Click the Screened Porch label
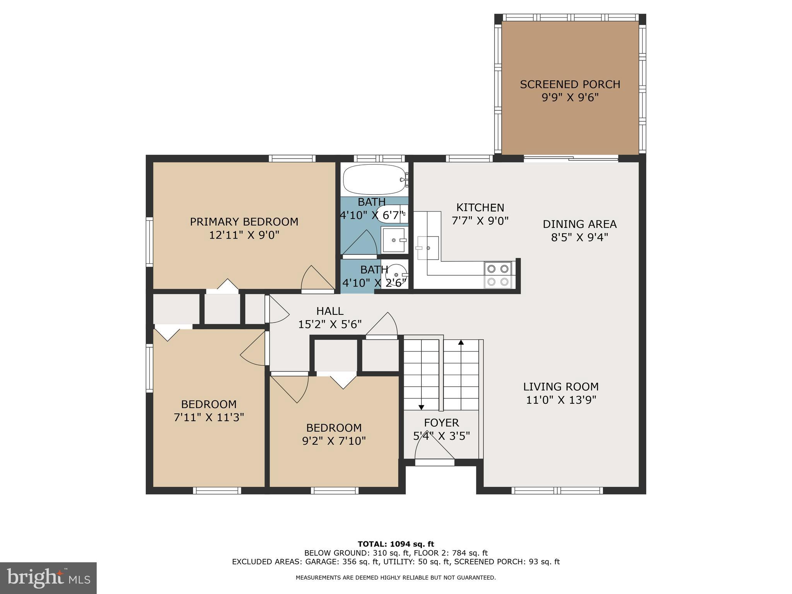570,84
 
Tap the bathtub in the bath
374,180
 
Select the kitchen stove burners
498,275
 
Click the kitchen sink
428,247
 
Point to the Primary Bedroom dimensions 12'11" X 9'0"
244,235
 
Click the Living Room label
561,387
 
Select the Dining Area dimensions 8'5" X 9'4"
579,237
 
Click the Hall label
329,311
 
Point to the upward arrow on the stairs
461,343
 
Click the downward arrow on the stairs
421,407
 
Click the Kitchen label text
480,208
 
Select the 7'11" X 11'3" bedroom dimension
209,417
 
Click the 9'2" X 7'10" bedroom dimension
334,441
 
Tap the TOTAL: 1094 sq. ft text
396,544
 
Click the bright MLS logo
48,578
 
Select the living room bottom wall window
557,491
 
